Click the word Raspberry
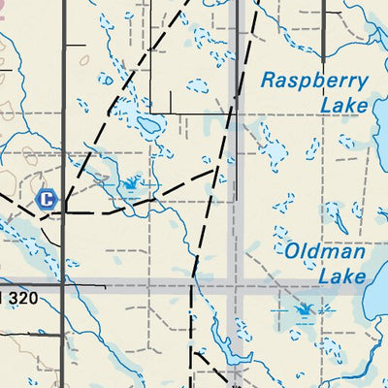point(313,81)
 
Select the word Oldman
point(325,252)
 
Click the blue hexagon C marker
point(46,199)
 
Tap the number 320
point(21,299)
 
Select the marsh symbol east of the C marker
point(129,182)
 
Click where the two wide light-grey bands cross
point(233,286)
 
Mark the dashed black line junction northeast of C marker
point(215,169)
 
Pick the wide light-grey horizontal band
point(145,286)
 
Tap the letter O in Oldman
point(292,252)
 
